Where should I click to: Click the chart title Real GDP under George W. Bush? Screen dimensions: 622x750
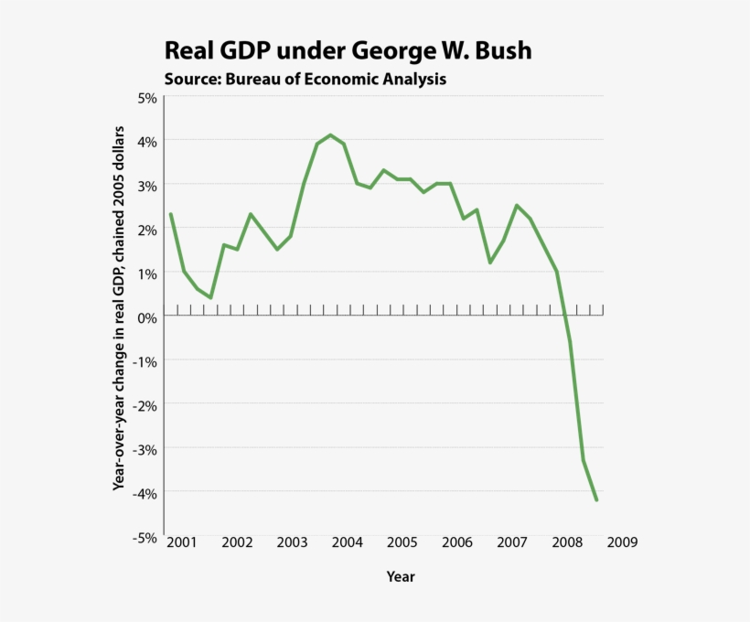pos(347,50)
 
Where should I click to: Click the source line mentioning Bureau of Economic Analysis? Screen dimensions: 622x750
pos(305,79)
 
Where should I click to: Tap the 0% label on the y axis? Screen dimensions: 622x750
pos(146,317)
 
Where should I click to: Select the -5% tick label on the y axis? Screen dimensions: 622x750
pos(145,538)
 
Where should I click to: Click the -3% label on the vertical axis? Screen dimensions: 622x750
pos(145,449)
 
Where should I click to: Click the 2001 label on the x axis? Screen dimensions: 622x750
pos(181,542)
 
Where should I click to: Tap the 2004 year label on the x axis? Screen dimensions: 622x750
pos(347,542)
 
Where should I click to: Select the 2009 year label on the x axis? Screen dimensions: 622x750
pos(622,542)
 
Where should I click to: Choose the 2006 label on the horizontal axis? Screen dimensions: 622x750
pos(456,542)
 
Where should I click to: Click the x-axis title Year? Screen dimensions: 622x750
pos(401,577)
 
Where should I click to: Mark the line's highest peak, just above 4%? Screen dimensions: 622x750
pos(330,135)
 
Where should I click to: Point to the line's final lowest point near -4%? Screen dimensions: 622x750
pos(596,500)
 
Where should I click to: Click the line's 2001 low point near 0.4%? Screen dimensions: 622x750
pos(210,298)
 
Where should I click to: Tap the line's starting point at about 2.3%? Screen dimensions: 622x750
pos(170,214)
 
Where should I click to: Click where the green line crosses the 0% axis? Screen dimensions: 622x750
pos(565,316)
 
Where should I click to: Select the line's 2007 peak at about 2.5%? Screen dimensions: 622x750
pos(517,205)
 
